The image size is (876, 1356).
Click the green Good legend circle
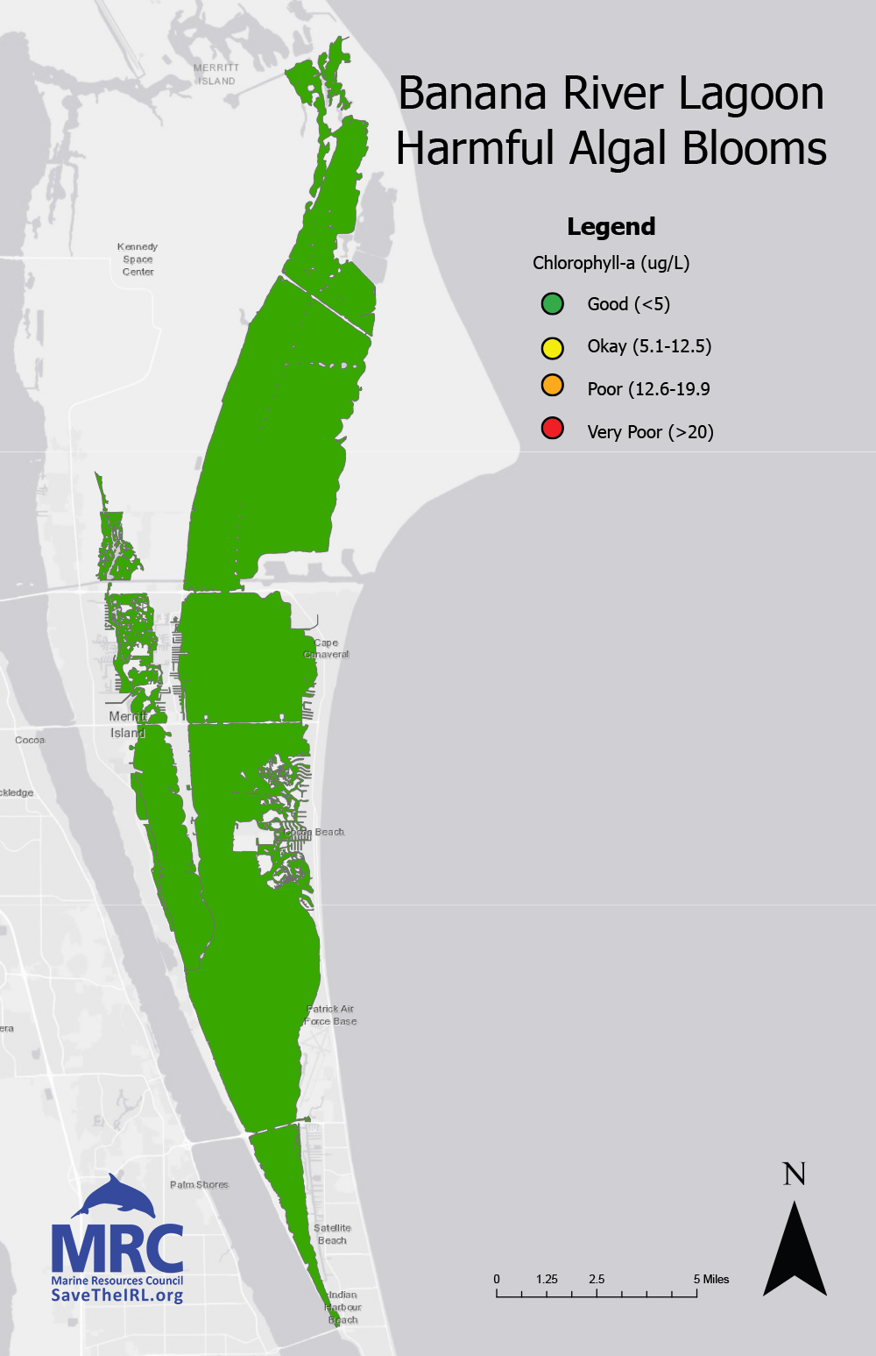coord(552,304)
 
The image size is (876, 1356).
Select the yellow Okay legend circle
coord(552,347)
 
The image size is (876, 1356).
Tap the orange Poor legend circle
coord(552,385)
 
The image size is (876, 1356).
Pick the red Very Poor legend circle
coord(552,429)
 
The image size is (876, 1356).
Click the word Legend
coord(611,226)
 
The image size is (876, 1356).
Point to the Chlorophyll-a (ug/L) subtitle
coord(611,263)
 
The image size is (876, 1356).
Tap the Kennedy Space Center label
coord(138,259)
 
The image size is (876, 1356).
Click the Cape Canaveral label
coord(327,649)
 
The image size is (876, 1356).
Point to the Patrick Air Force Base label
coord(331,1015)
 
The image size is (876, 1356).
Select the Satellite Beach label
coord(332,1234)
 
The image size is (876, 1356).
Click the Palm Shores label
coord(199,1184)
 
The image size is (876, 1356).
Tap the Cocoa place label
coord(30,740)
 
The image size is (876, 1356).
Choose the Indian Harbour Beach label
coord(343,1307)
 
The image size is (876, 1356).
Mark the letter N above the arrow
coord(794,1175)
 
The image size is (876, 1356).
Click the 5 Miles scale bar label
coord(711,1279)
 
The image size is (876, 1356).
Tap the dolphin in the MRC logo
coord(114,1196)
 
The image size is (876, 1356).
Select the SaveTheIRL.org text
coord(117,1295)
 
